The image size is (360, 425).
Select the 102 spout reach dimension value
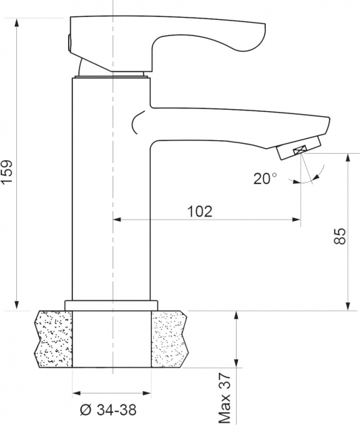pyautogui.click(x=200, y=211)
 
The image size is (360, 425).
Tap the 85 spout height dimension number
pyautogui.click(x=339, y=237)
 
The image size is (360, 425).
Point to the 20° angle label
pyautogui.click(x=265, y=178)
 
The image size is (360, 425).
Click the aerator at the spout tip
pyautogui.click(x=296, y=149)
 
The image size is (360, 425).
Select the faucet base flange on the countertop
pyautogui.click(x=111, y=305)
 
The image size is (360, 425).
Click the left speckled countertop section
pyautogui.click(x=53, y=338)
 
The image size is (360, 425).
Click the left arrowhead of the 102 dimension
pyautogui.click(x=118, y=220)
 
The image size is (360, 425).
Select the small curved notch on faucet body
pyautogui.click(x=134, y=126)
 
